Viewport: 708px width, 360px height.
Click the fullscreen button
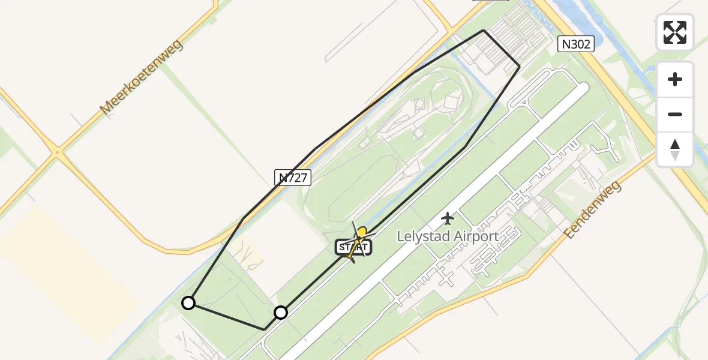pyautogui.click(x=675, y=32)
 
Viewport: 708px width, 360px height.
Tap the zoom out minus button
pyautogui.click(x=675, y=115)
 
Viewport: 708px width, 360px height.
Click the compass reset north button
pyautogui.click(x=675, y=149)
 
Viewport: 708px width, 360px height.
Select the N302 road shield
pyautogui.click(x=575, y=44)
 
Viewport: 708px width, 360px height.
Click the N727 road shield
pyautogui.click(x=293, y=177)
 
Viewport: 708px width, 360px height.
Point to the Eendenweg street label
pyautogui.click(x=593, y=208)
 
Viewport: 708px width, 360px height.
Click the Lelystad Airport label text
pyautogui.click(x=448, y=236)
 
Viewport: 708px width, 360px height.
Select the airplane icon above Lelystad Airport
pyautogui.click(x=448, y=218)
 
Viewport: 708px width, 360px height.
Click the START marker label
pyautogui.click(x=353, y=247)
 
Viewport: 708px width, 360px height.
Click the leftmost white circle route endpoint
pyautogui.click(x=188, y=303)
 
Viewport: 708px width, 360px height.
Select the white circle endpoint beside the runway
pyautogui.click(x=281, y=313)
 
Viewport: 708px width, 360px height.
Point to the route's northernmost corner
pyautogui.click(x=484, y=30)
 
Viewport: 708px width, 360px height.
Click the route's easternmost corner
pyautogui.click(x=520, y=66)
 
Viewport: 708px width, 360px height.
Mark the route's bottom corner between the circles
pyautogui.click(x=265, y=329)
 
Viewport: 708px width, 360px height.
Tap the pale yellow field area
pyautogui.click(x=66, y=258)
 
